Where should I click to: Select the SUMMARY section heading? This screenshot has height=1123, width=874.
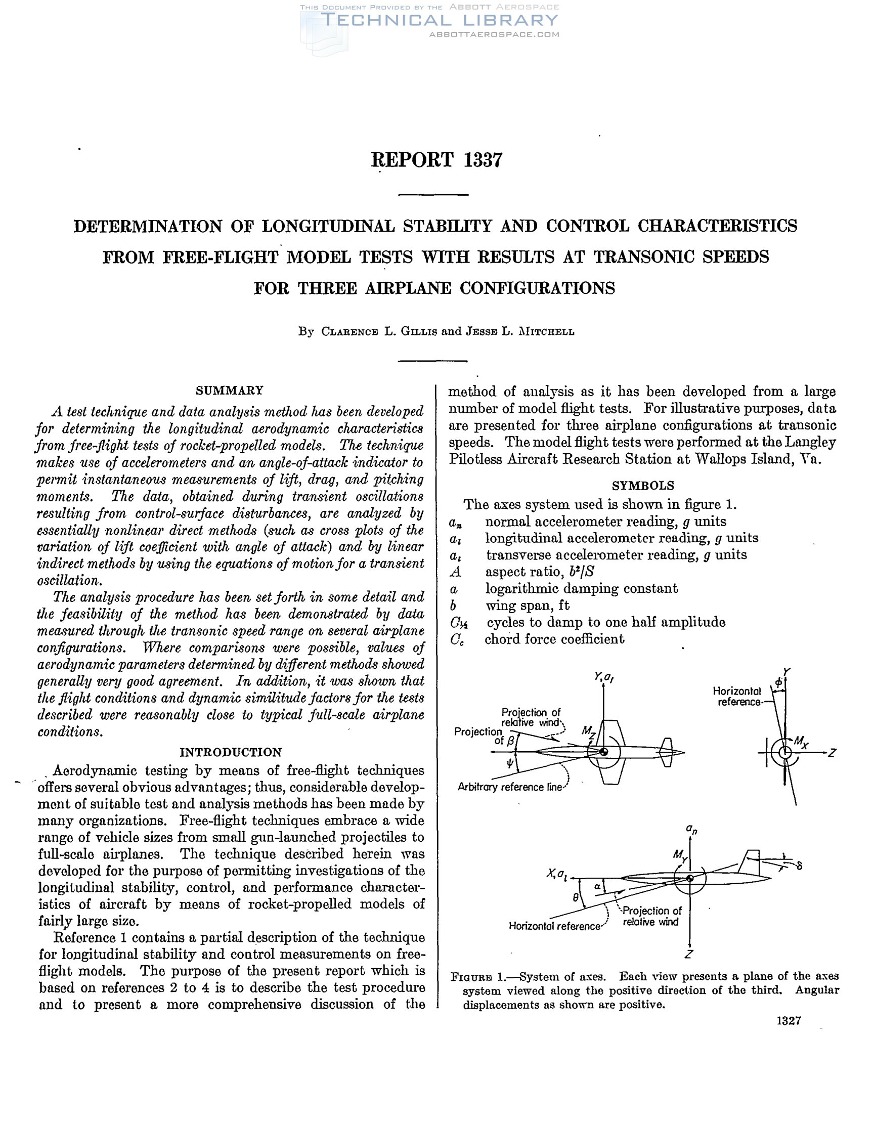point(229,391)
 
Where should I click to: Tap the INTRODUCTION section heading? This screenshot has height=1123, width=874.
point(230,752)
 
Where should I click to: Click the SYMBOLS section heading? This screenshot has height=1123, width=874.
point(643,486)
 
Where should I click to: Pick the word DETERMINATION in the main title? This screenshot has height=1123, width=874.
point(148,226)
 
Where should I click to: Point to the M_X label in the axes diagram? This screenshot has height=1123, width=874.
point(801,742)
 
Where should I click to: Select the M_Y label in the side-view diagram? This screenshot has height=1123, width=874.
point(680,854)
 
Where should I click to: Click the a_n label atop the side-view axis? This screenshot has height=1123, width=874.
point(691,829)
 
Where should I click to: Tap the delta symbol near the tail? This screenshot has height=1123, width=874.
point(799,866)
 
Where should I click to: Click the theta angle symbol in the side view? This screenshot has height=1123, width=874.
point(576,898)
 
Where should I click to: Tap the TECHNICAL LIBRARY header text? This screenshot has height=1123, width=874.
point(439,21)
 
